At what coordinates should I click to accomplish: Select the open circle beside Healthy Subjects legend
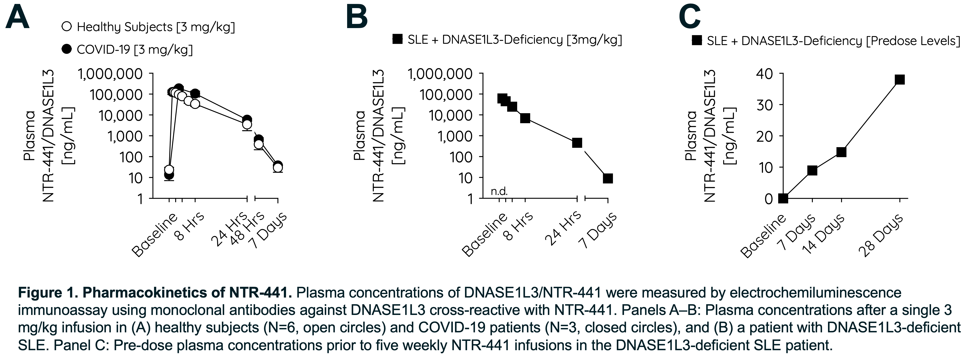click(67, 27)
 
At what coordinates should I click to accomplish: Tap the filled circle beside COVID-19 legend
click(67, 49)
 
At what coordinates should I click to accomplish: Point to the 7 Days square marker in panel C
click(812, 170)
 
